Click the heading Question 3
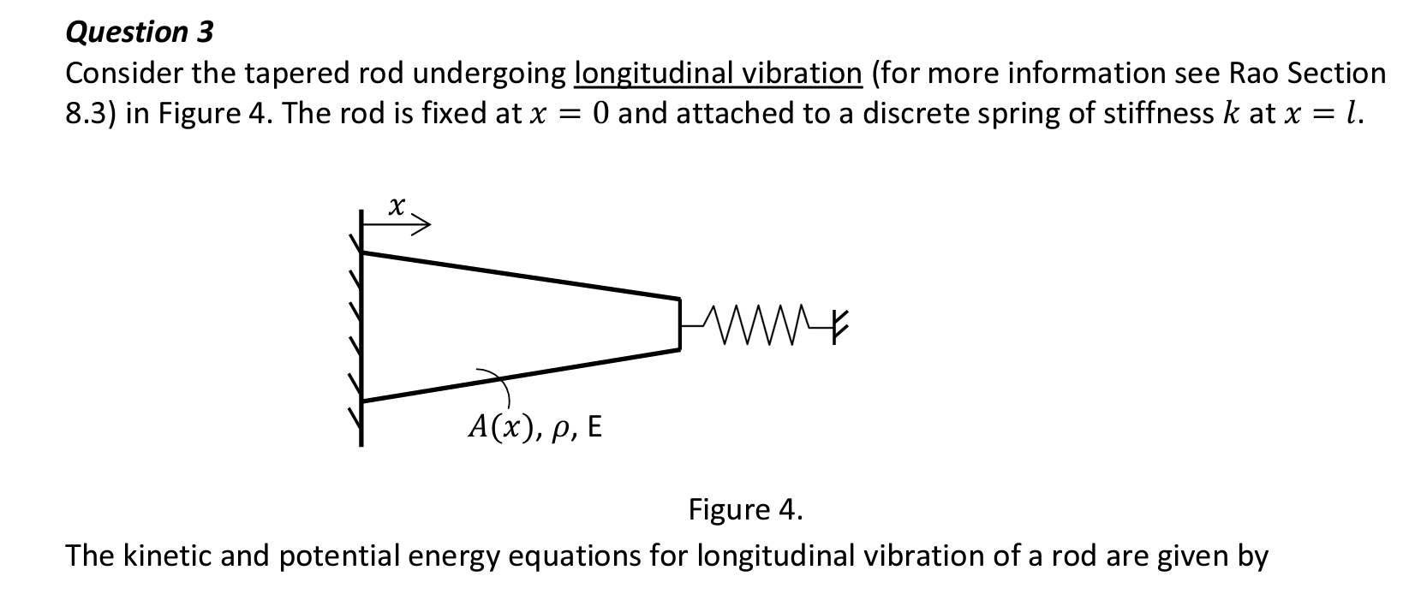click(140, 33)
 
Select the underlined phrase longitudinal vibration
click(718, 74)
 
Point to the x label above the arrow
click(395, 205)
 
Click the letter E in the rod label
click(594, 426)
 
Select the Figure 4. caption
click(746, 510)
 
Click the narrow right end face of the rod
click(679, 323)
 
